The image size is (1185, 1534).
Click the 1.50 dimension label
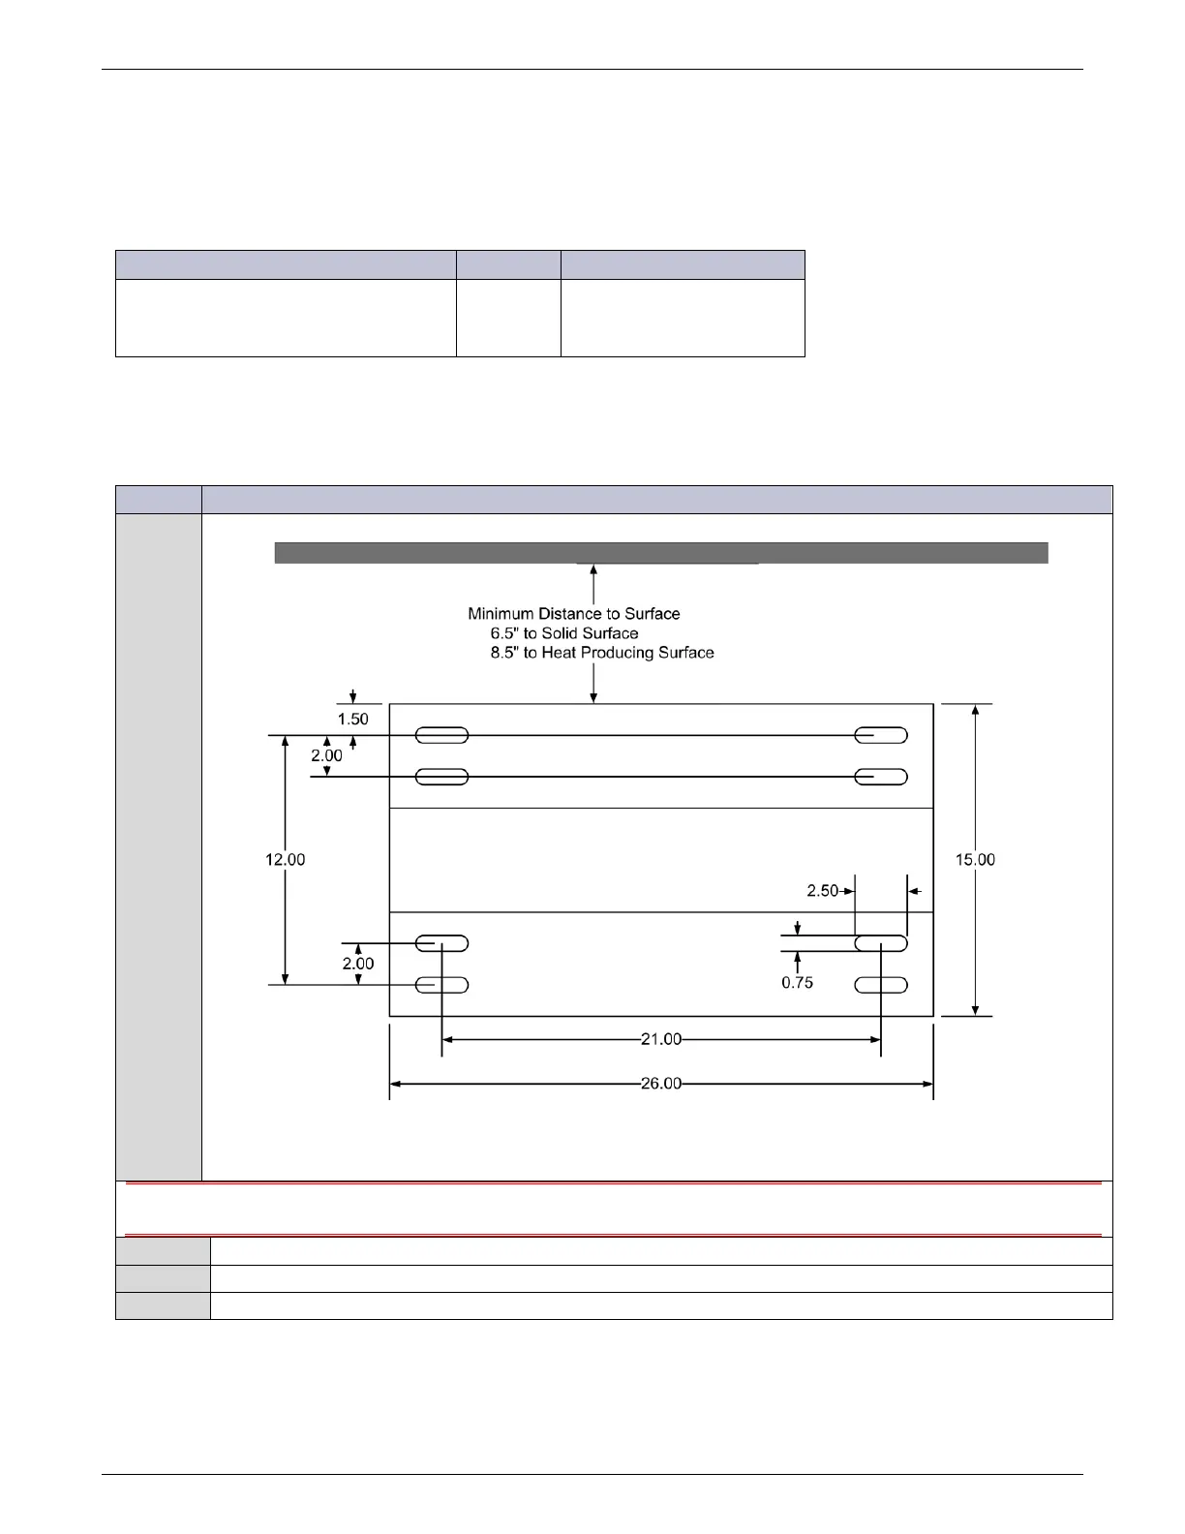click(352, 720)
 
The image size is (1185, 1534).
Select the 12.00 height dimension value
click(286, 860)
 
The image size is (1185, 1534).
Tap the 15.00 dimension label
click(975, 860)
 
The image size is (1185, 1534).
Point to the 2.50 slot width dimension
click(822, 891)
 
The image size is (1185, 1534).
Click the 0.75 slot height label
click(797, 983)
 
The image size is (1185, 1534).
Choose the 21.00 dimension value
click(661, 1040)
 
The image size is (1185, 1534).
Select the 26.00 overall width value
click(661, 1084)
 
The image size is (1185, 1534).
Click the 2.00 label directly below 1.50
click(326, 755)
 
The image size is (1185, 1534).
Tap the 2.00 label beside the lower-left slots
click(357, 964)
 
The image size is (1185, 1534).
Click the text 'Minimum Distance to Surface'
click(573, 614)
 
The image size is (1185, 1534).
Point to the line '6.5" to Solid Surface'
click(563, 633)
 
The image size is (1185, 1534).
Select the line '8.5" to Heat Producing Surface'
click(601, 653)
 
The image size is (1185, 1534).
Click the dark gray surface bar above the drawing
click(661, 553)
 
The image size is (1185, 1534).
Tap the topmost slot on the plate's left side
click(441, 736)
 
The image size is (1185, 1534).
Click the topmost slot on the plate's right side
click(881, 736)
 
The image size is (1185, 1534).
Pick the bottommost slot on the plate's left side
click(441, 986)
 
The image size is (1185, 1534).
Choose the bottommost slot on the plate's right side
click(881, 986)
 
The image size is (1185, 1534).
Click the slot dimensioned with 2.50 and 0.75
click(881, 943)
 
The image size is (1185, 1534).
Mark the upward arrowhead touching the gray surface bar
click(593, 569)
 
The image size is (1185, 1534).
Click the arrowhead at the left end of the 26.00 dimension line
click(395, 1084)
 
